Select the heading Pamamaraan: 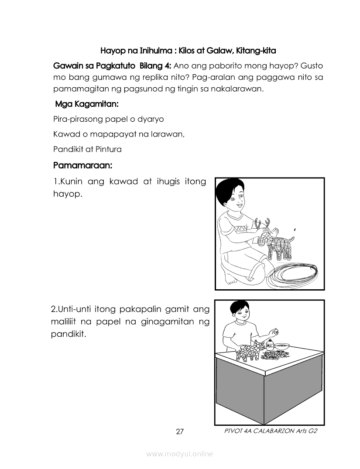click(x=83, y=165)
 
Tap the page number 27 click(x=180, y=432)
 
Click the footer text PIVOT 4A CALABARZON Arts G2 click(x=270, y=431)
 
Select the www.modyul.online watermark click(x=180, y=454)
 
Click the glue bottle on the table click(x=270, y=344)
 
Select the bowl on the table click(x=282, y=345)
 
